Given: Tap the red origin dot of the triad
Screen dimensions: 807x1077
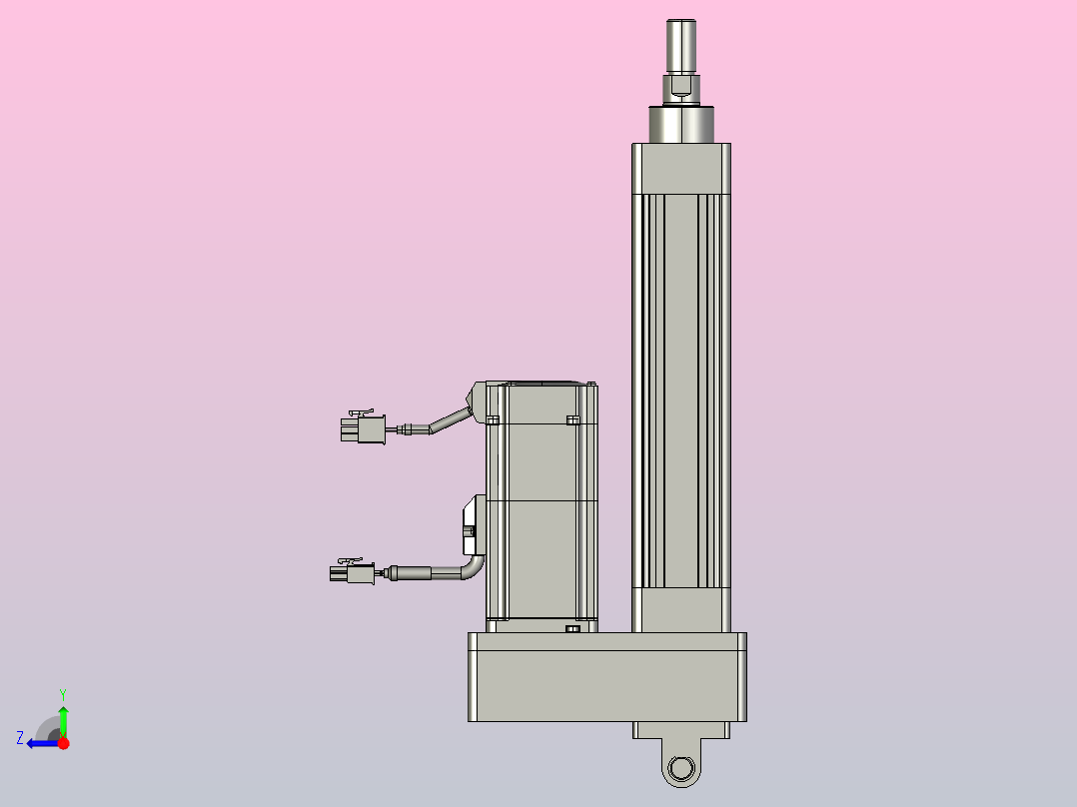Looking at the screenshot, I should tap(63, 743).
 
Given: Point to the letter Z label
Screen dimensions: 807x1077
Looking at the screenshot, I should tap(20, 738).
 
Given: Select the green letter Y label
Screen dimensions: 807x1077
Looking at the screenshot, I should tap(63, 692).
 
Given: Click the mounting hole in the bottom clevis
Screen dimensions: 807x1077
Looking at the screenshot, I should tap(681, 768).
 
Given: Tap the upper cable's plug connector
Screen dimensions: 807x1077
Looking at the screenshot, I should tap(364, 430).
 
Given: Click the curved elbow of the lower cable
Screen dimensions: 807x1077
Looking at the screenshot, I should tap(473, 568).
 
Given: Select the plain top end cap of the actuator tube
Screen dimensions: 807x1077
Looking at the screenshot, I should tap(681, 167).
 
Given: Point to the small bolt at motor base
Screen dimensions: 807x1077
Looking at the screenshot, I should tap(571, 629).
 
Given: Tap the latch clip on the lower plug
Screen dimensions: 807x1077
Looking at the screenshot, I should tap(350, 562).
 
